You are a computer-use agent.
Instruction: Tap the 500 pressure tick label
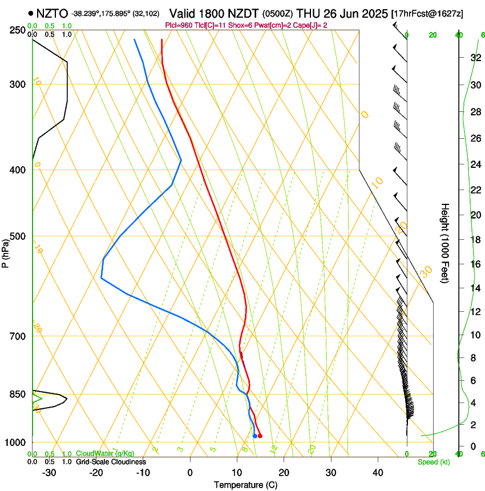(18, 236)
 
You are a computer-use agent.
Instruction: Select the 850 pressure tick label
(18, 394)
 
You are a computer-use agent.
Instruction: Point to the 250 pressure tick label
(18, 30)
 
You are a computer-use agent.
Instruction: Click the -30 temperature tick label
(49, 472)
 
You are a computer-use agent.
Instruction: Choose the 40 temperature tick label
(377, 472)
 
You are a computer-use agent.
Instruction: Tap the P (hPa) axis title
(5, 252)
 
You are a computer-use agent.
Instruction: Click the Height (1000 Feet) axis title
(445, 243)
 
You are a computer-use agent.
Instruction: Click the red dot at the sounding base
(260, 436)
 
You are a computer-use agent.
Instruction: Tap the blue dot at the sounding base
(254, 436)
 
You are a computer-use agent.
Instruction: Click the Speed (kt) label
(433, 462)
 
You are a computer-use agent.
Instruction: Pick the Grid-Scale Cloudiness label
(111, 462)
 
